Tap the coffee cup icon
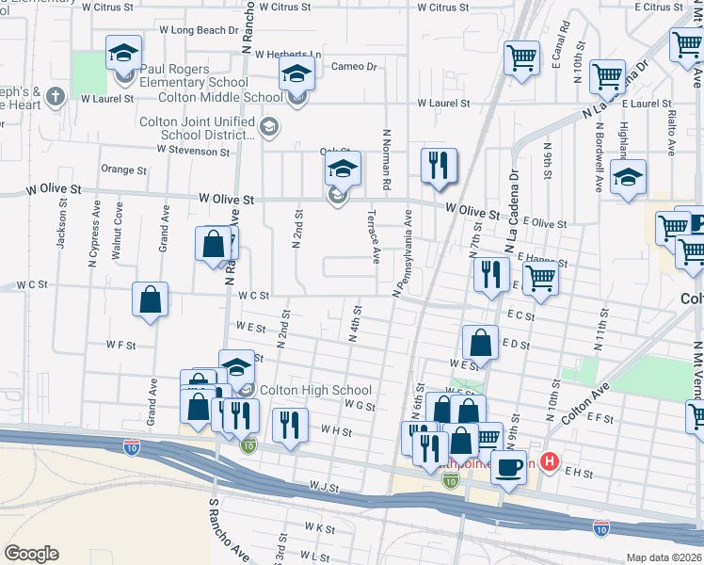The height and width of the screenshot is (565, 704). (509, 466)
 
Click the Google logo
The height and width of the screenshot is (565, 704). (31, 554)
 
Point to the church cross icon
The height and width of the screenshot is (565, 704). (56, 95)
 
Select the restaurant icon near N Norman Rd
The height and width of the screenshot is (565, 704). (438, 165)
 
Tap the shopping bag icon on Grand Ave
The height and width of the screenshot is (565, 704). (151, 299)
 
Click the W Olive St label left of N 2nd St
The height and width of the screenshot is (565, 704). (227, 200)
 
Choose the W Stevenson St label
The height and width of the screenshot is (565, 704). (193, 149)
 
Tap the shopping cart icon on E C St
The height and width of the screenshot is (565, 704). (540, 278)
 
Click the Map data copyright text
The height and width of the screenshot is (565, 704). (664, 557)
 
